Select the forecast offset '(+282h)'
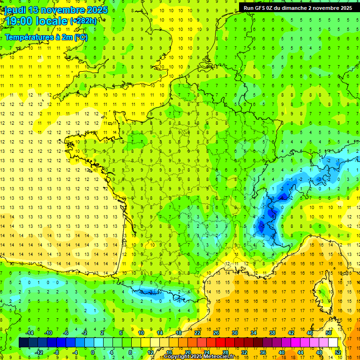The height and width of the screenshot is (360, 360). [x=83, y=21]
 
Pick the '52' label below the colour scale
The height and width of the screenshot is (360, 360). [x=338, y=352]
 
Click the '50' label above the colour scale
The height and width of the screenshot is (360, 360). [x=329, y=333]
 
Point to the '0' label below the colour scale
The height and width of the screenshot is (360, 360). [x=93, y=352]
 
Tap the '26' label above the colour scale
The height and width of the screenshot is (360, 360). [x=217, y=333]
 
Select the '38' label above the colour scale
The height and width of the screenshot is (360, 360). [x=272, y=333]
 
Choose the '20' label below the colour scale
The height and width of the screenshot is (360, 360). [x=188, y=352]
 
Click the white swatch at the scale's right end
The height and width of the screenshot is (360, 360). [x=333, y=343]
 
